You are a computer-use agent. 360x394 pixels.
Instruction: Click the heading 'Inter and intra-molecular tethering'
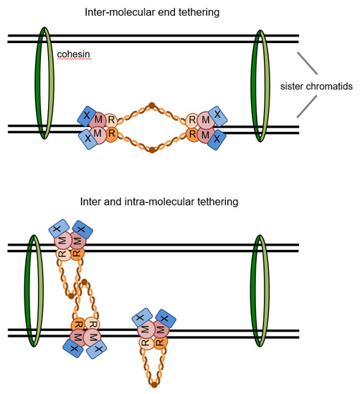click(180, 202)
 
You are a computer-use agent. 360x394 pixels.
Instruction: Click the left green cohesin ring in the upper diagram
click(44, 79)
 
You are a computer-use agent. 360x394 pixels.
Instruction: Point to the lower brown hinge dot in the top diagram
click(151, 150)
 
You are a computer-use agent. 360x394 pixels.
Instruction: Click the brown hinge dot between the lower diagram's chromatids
click(84, 282)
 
